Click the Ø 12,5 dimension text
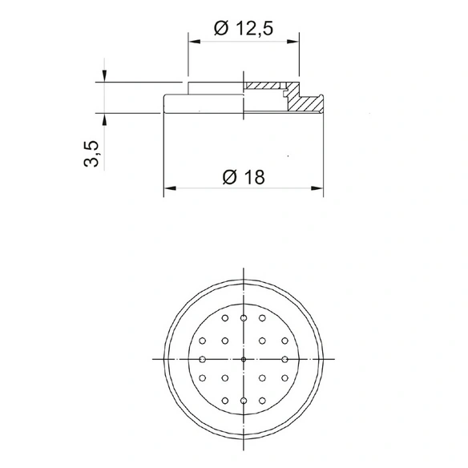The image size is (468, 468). [x=244, y=29]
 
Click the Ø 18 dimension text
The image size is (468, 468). [x=244, y=177]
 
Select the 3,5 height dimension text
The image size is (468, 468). [x=91, y=153]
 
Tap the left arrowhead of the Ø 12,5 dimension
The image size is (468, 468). [x=194, y=42]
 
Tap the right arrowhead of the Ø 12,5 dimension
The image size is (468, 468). [x=292, y=42]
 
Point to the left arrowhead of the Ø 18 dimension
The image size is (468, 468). [x=170, y=188]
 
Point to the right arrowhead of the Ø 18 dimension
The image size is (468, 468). [x=317, y=188]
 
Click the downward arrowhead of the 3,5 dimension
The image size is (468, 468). [x=104, y=76]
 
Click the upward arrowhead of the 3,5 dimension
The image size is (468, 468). [x=104, y=119]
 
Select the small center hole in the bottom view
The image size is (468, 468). [x=244, y=359]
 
